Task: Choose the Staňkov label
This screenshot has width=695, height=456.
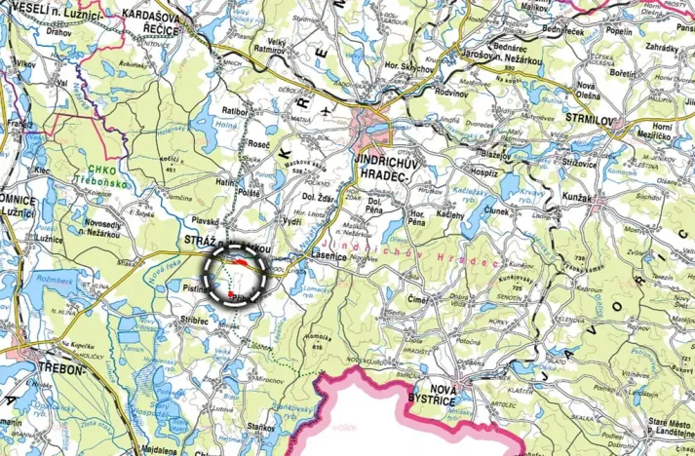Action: [x=260, y=425]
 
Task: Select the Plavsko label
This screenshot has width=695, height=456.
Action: [x=206, y=220]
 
